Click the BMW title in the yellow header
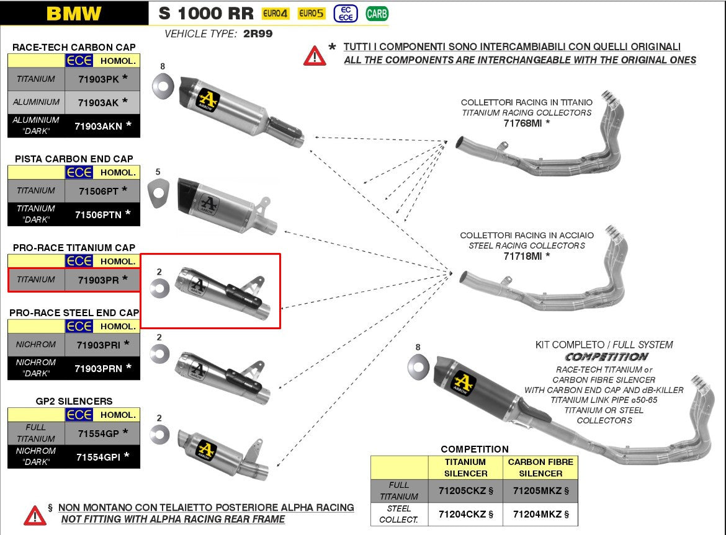point(73,14)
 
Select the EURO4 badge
point(276,14)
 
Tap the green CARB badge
point(377,13)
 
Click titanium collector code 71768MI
point(526,123)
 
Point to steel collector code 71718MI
point(526,255)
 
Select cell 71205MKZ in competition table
point(540,491)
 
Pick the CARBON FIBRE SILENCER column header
point(540,467)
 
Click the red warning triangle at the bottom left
point(35,515)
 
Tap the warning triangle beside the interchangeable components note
point(315,55)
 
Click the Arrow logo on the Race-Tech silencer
point(208,100)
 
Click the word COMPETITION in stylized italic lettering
point(606,357)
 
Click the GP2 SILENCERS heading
point(74,401)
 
